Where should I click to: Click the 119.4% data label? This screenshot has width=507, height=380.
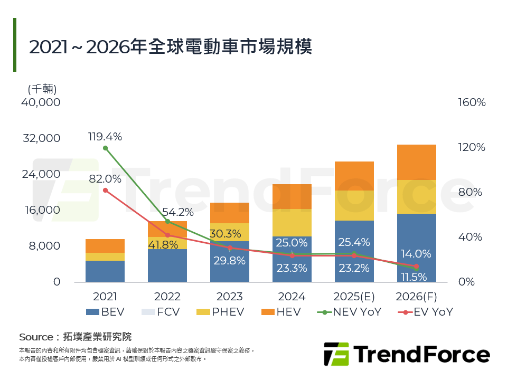pos(105,137)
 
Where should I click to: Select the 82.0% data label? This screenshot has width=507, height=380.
pos(105,179)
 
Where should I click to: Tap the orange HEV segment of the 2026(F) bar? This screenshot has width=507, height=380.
pos(416,162)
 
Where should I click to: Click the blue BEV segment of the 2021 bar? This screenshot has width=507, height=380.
pos(105,271)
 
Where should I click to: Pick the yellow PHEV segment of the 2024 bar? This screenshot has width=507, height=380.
pos(292,223)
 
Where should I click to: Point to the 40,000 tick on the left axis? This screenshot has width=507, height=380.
pos(41,102)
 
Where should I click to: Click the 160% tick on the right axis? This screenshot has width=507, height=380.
pos(472,102)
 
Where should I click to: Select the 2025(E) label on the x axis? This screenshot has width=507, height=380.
pos(354,297)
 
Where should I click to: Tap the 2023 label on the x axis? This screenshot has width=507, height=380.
pos(229,297)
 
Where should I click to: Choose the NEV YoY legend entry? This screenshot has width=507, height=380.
pos(349,312)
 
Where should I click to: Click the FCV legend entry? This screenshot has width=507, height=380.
pos(161,312)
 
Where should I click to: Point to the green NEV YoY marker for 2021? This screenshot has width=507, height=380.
pos(105,148)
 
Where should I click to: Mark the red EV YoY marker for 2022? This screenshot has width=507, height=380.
pos(167,235)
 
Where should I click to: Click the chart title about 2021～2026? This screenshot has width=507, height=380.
pos(170,47)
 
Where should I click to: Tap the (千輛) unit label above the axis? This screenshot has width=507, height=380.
pos(42,89)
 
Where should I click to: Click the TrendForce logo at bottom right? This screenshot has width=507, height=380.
pos(406,354)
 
